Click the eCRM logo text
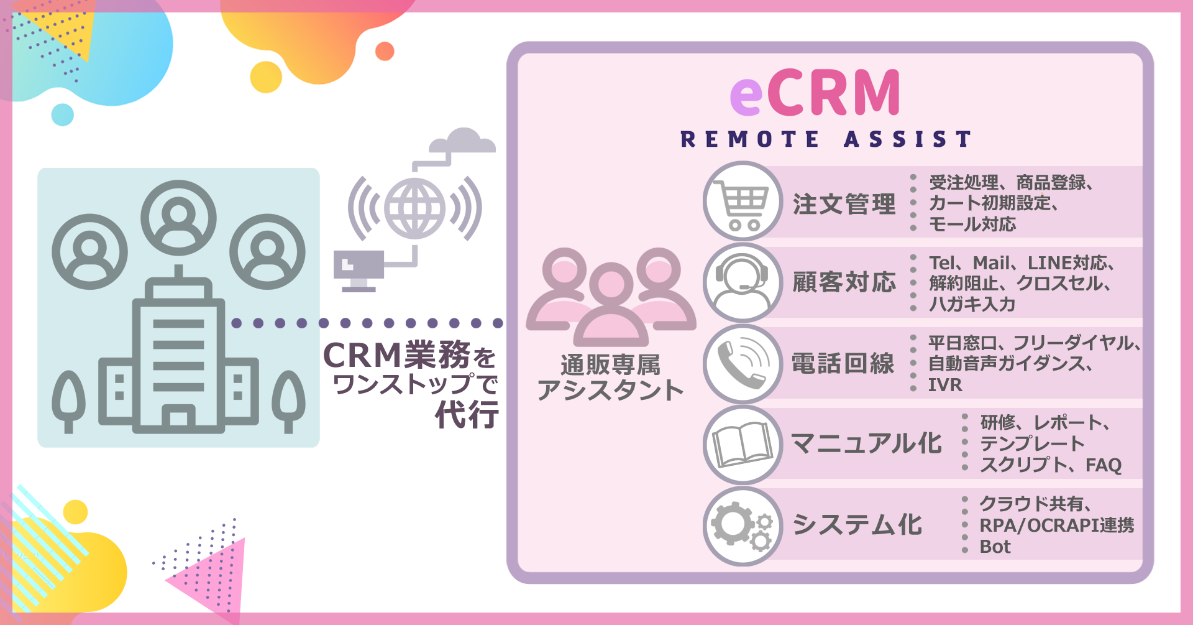coord(815,93)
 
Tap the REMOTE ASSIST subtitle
coord(826,139)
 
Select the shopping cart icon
coord(743,201)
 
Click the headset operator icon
coord(743,282)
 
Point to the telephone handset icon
coord(743,363)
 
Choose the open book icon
coord(743,444)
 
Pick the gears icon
coord(743,525)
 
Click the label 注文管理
coord(844,204)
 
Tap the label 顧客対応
coord(844,282)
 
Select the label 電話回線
coord(843,363)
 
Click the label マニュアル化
coord(866,444)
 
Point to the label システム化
coord(857,525)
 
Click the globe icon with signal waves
coord(414,208)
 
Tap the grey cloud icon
coord(463,141)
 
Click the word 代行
coord(467,414)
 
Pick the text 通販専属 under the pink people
coord(610,365)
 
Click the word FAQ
coord(1104,465)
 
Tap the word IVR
coord(945,385)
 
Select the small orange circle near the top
coord(385,51)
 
